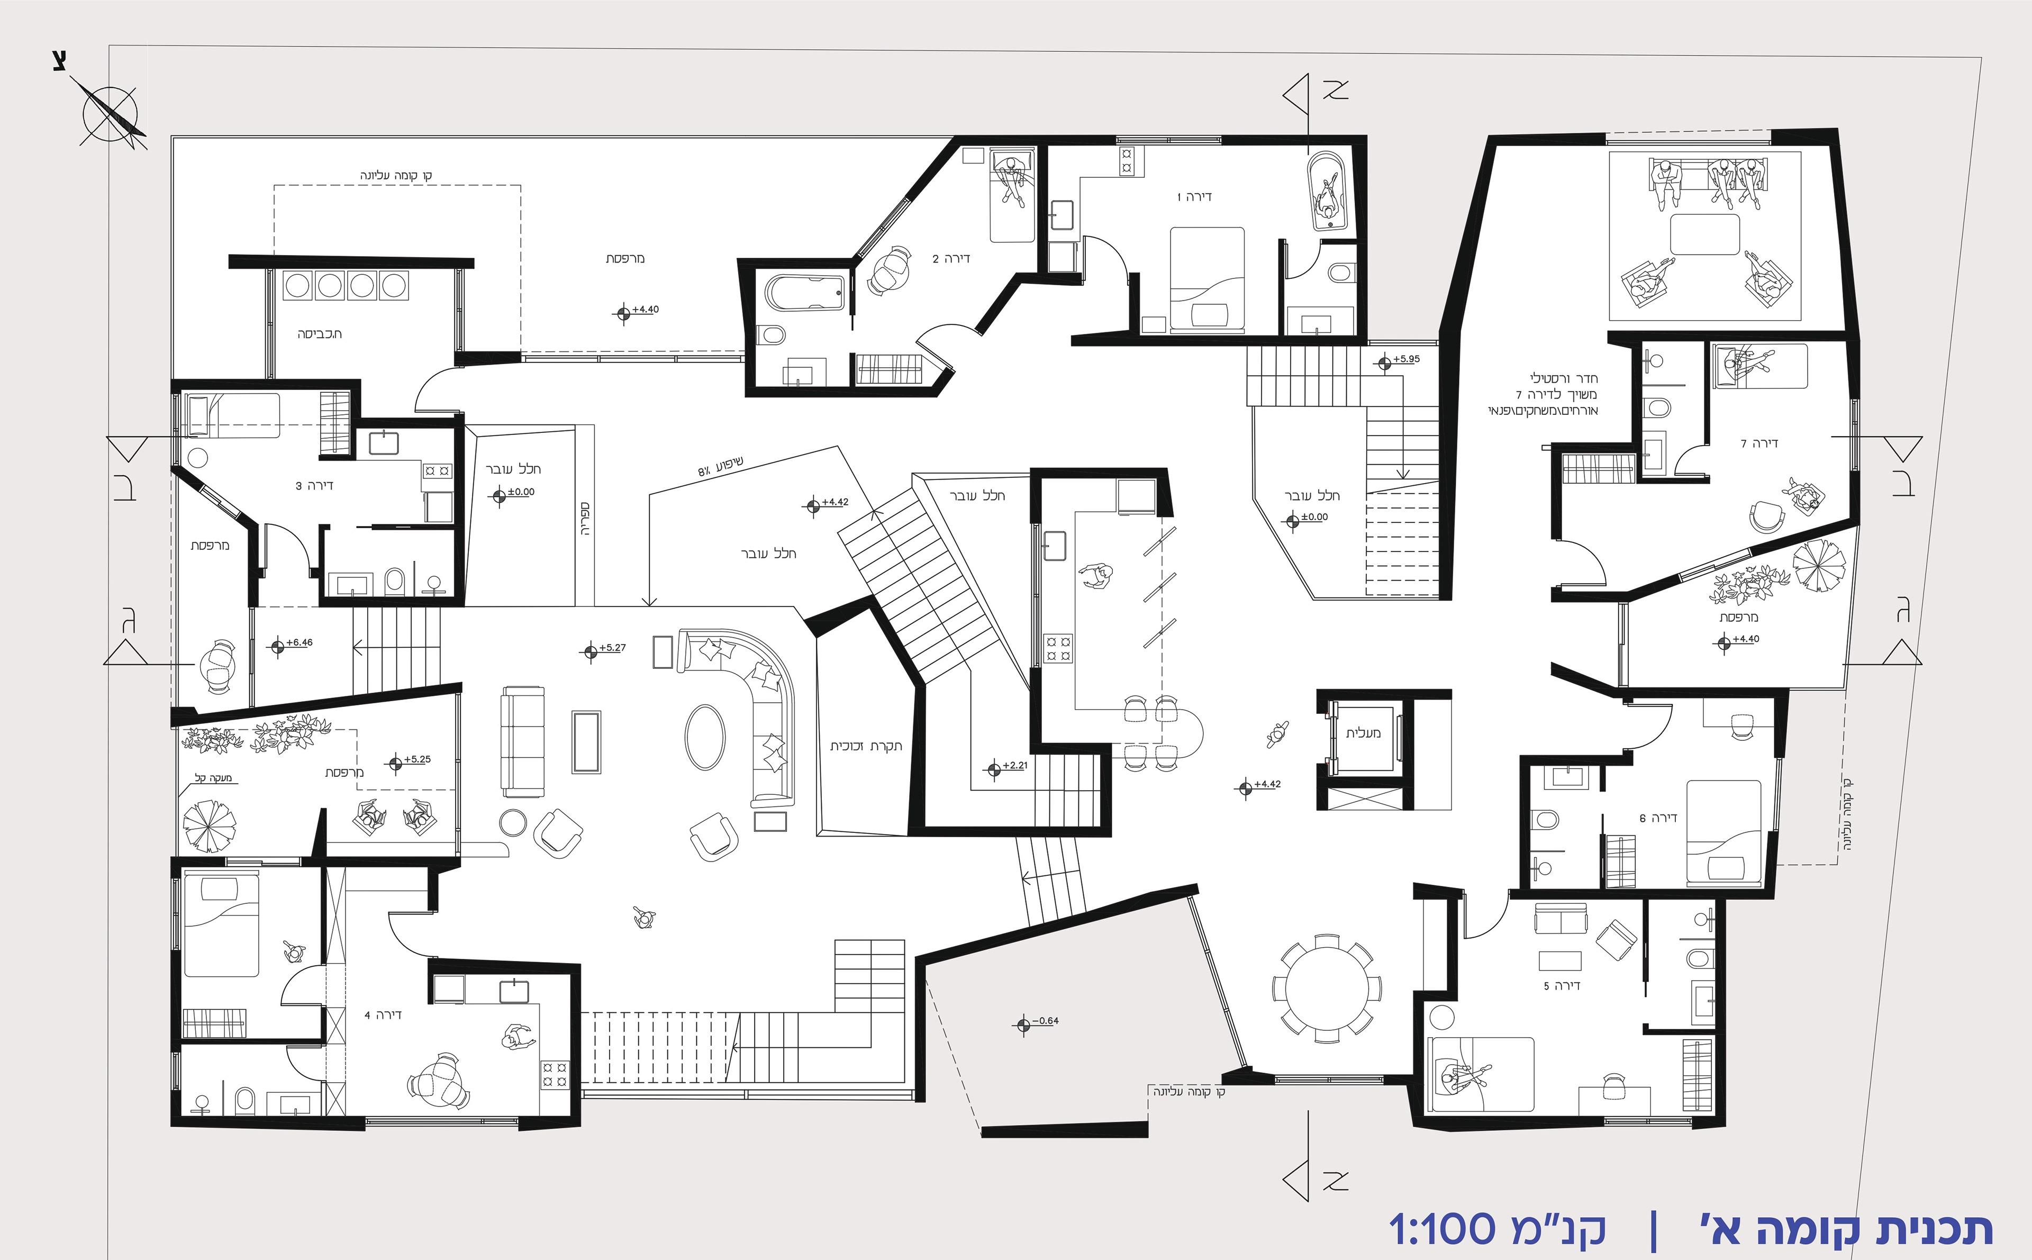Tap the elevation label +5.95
tap(1407, 359)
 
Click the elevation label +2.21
tap(1015, 765)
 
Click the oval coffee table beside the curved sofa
tap(705, 738)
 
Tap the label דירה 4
tap(383, 1014)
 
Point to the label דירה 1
tap(1194, 197)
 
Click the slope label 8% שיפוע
tap(721, 467)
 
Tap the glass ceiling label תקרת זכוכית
tap(866, 746)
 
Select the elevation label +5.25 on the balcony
tap(418, 759)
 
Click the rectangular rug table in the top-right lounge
tap(1706, 234)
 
